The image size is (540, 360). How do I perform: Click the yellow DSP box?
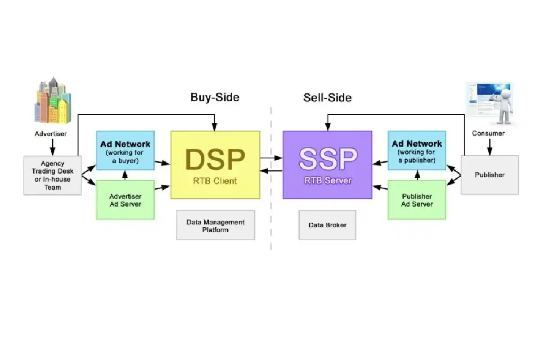point(215,165)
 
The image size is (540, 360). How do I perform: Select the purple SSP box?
point(328,165)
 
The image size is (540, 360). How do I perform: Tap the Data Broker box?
point(328,225)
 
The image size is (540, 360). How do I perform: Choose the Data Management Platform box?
point(216,225)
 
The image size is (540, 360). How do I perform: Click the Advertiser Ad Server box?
point(125,200)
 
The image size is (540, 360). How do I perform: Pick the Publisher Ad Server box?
point(417,200)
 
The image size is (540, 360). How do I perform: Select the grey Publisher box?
point(490,175)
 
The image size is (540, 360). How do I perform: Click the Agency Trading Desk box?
point(53,175)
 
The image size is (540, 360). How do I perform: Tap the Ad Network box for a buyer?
point(125,150)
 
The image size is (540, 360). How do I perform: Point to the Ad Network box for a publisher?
point(417,150)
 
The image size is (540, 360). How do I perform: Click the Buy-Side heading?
point(215,97)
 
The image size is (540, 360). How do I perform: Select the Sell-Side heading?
point(327,98)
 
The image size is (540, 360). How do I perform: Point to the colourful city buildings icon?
point(53,100)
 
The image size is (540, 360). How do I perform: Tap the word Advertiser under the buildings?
point(50,134)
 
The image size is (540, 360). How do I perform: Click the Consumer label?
point(488,133)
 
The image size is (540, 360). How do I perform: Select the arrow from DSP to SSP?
point(271,158)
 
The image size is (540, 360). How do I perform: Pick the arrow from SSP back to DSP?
point(271,171)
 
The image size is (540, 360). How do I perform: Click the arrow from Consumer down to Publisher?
point(490,147)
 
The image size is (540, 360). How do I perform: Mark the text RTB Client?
point(215,181)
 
